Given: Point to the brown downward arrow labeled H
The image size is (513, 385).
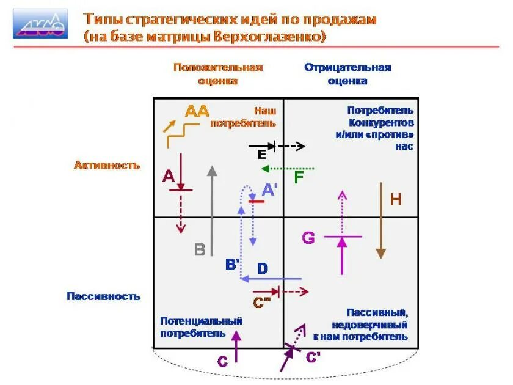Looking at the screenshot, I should [381, 220].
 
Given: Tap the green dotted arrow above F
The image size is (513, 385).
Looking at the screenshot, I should [287, 168].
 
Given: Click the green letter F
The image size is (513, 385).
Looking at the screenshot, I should [299, 178].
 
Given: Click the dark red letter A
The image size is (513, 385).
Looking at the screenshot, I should [169, 176].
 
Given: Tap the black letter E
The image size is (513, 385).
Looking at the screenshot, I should [261, 154].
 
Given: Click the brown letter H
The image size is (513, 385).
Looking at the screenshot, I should [396, 199].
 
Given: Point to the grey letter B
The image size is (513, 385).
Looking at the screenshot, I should [200, 249].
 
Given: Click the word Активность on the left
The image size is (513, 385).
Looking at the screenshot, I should [107, 165].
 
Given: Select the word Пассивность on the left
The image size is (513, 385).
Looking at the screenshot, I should [104, 296].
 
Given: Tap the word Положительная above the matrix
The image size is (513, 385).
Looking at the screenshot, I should [217, 67].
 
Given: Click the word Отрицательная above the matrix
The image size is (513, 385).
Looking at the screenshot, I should [347, 67].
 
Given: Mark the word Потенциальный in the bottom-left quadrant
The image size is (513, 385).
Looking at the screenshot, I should [202, 321].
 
